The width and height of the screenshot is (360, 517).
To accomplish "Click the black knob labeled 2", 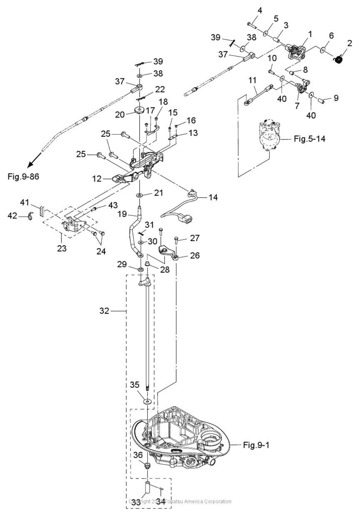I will (339, 60).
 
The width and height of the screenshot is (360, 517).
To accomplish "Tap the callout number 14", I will (213, 197).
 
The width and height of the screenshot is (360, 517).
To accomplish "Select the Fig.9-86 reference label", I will (23, 177).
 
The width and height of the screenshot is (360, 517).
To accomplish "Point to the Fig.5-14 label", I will (309, 139).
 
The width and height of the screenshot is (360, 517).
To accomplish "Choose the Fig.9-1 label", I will (256, 445).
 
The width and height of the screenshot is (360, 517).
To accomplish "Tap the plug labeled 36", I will (147, 464).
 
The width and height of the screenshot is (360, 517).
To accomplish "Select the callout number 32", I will (104, 311).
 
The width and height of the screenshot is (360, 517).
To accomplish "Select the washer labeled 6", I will (323, 50).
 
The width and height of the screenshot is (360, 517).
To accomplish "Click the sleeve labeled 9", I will (323, 99).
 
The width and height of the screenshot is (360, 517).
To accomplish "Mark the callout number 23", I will (62, 248).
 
